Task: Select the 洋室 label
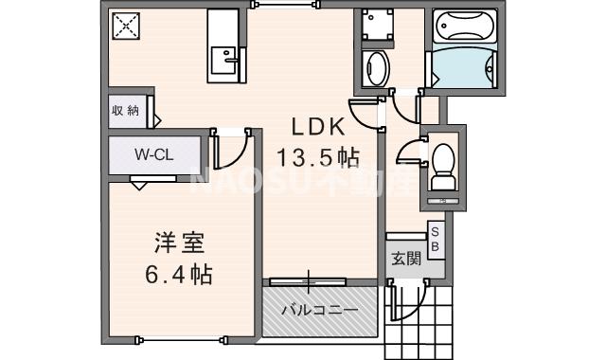[x=177, y=242]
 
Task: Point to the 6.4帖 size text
[x=178, y=276]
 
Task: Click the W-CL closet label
[x=152, y=153]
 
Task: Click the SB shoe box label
[x=436, y=239]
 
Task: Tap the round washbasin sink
[x=377, y=68]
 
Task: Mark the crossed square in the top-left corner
[x=126, y=27]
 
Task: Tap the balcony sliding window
[x=308, y=281]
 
